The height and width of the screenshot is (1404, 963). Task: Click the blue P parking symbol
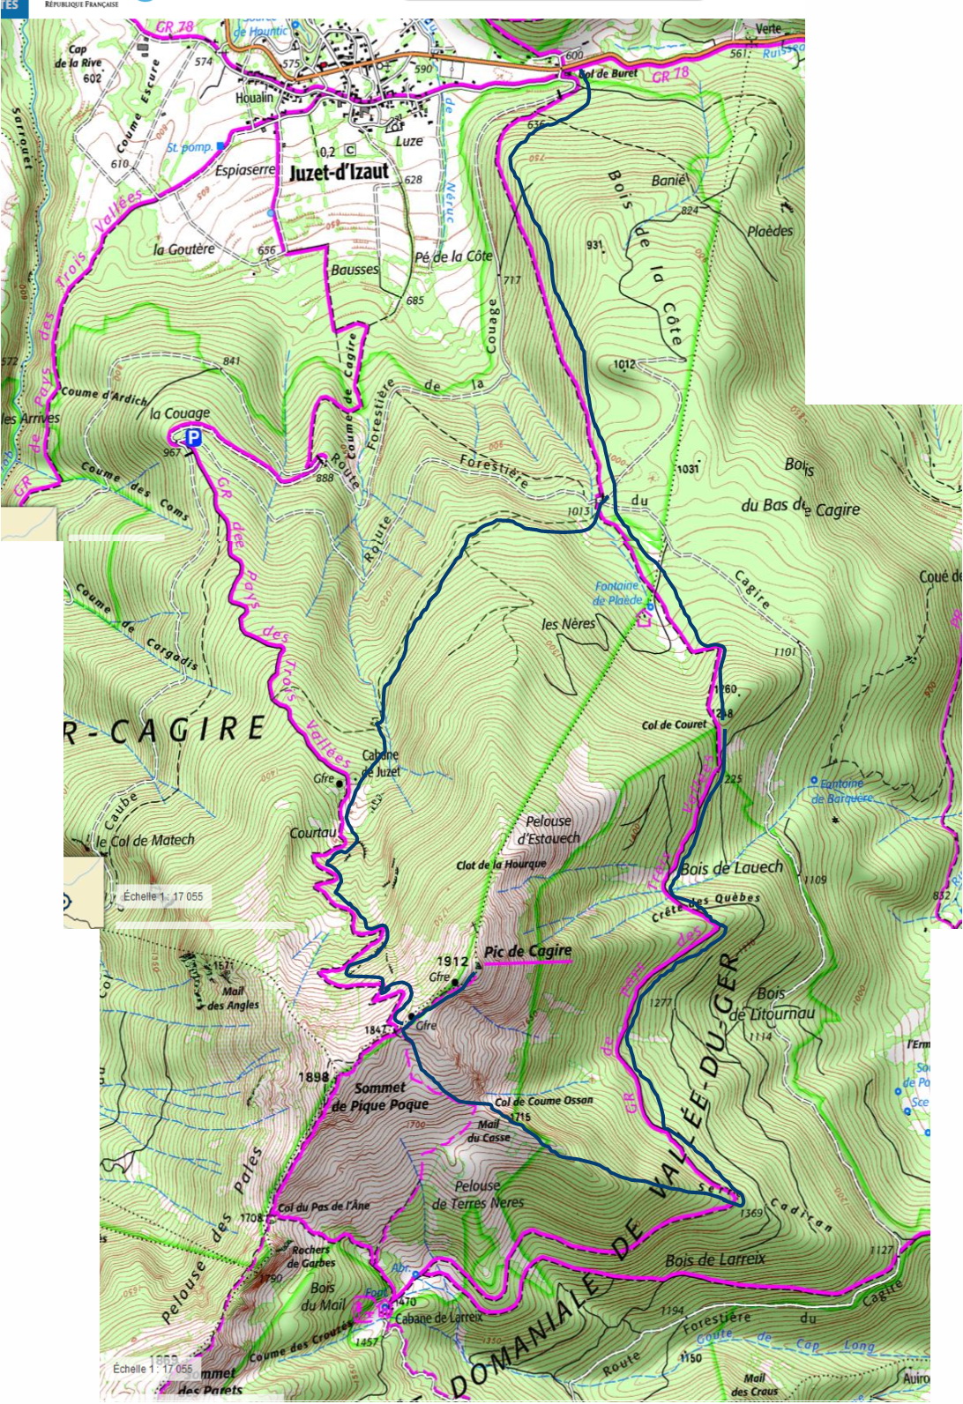193,436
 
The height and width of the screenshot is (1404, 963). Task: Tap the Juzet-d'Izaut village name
339,172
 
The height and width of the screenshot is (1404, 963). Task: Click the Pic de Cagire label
527,951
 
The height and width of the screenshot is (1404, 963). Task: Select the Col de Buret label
608,74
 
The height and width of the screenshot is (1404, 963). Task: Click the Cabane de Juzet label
381,763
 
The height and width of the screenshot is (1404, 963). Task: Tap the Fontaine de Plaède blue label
618,592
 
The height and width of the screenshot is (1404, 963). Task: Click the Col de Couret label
674,724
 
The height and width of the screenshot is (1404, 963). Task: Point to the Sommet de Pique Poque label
380,1096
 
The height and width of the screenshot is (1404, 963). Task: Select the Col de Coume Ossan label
543,1101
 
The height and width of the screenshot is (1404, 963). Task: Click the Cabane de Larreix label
438,1319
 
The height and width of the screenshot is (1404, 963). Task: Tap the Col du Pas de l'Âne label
324,1207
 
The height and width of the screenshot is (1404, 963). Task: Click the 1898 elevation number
313,1076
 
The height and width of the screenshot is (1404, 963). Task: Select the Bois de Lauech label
731,868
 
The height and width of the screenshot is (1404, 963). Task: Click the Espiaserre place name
245,169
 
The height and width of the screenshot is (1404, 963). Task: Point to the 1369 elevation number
750,1214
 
